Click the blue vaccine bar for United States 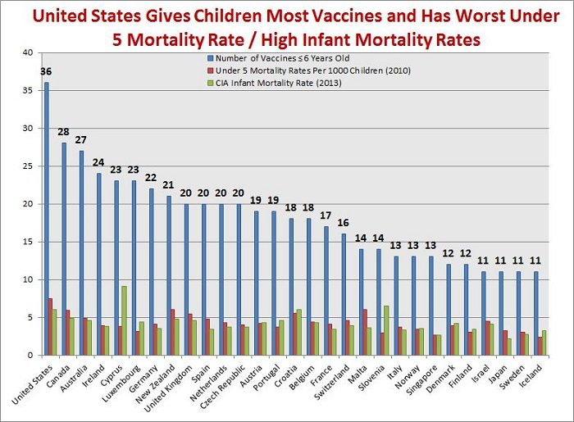[x=46, y=221]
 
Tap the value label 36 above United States [x=46, y=72]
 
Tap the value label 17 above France [x=326, y=216]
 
